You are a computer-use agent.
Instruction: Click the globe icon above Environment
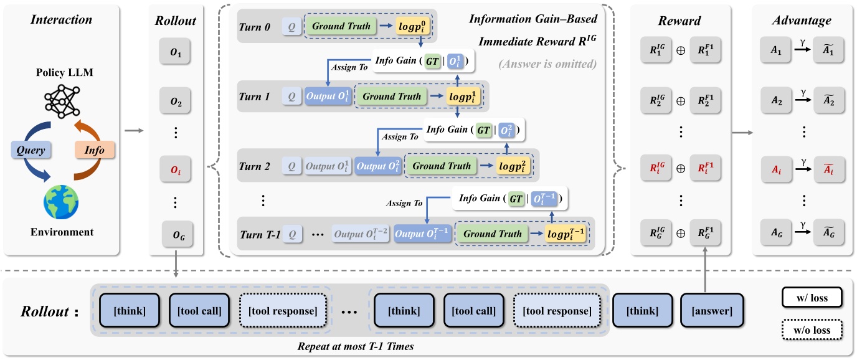[61, 201]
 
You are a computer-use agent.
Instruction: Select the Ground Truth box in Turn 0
[340, 27]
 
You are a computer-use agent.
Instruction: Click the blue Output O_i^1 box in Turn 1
[328, 97]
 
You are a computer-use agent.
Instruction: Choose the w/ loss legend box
[810, 298]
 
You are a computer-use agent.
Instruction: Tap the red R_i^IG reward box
[656, 169]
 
